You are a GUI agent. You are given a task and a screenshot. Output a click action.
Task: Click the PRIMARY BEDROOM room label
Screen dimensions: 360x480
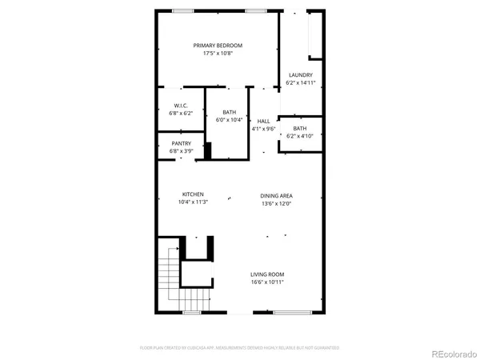218,46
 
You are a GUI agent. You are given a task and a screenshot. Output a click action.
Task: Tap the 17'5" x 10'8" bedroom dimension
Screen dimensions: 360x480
218,54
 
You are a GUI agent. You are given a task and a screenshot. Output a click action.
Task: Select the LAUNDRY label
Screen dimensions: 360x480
301,75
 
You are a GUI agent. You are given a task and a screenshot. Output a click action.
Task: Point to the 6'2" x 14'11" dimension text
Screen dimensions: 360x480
301,83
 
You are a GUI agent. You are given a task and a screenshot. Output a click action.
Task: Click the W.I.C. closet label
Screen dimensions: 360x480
181,106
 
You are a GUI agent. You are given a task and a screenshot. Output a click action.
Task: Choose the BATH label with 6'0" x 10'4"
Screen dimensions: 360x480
229,112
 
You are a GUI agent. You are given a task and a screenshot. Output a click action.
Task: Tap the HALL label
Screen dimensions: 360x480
263,121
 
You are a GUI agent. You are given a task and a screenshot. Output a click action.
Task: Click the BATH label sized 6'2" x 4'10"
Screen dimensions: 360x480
299,129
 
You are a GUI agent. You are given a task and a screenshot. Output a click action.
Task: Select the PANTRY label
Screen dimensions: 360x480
181,143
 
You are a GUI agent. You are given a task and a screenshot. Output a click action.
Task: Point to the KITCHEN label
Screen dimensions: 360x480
193,194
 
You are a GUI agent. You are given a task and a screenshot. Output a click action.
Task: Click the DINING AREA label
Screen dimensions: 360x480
276,195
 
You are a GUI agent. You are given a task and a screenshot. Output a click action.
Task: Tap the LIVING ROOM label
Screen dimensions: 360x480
268,274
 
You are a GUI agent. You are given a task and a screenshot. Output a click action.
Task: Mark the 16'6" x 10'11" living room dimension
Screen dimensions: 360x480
268,282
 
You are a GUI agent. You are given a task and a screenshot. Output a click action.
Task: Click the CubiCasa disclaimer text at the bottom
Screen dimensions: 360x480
240,348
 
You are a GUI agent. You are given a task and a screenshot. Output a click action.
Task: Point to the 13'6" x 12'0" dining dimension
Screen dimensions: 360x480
276,203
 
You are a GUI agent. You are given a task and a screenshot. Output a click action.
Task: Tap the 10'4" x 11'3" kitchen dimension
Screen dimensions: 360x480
193,202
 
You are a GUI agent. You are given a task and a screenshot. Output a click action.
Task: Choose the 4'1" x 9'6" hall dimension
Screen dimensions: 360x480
263,129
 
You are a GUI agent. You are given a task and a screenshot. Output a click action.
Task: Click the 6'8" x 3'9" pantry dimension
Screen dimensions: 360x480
181,151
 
